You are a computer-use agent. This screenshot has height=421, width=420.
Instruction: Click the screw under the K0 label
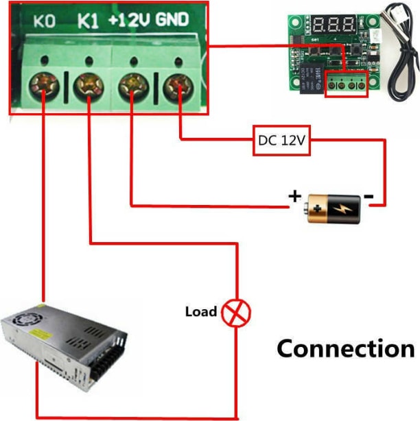point(44,86)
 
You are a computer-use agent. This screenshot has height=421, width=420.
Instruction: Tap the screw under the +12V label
point(131,86)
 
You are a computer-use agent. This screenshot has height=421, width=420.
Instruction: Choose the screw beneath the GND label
point(177,86)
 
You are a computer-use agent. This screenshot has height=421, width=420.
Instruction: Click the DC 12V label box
point(281,141)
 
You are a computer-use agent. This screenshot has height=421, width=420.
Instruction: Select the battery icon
point(332,207)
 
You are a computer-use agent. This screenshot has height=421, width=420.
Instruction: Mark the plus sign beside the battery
point(295,197)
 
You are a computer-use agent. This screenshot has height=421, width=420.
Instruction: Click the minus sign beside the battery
point(369,197)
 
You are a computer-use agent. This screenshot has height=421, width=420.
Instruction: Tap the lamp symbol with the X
point(237,313)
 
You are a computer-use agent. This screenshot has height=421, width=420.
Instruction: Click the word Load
point(201,312)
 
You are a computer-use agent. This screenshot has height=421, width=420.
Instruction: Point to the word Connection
point(345,348)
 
